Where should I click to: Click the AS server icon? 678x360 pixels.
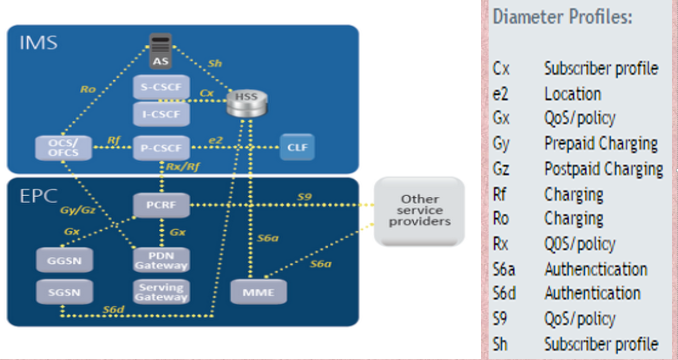[x=160, y=51]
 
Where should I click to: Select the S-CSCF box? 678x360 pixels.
[x=161, y=87]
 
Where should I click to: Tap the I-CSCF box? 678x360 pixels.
[x=161, y=114]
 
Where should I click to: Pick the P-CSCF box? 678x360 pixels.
[x=161, y=148]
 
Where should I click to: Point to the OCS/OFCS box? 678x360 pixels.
[x=64, y=148]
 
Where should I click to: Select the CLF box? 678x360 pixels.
[x=297, y=147]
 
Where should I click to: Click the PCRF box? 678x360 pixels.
[x=161, y=205]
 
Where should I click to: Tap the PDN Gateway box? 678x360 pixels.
[x=161, y=260]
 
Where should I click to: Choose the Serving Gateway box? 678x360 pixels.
[x=161, y=292]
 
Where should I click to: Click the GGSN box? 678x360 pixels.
[x=64, y=260]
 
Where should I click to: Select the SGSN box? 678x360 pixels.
[x=64, y=292]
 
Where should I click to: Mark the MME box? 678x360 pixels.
[x=258, y=292]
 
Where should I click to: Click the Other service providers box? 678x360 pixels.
[x=419, y=211]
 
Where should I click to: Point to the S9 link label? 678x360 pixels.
[x=304, y=197]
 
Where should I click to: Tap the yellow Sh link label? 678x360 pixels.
[x=215, y=64]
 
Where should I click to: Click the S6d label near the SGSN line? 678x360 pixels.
[x=113, y=309]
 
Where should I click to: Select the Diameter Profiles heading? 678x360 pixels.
[x=562, y=17]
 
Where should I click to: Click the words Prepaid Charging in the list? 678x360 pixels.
[x=601, y=144]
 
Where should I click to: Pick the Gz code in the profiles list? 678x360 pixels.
[x=501, y=169]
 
